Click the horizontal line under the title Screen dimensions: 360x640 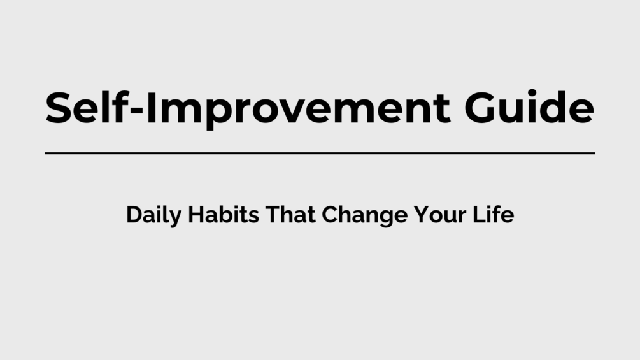[320, 153]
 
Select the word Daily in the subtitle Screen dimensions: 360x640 [150, 215]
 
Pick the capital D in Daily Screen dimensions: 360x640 [134, 215]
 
